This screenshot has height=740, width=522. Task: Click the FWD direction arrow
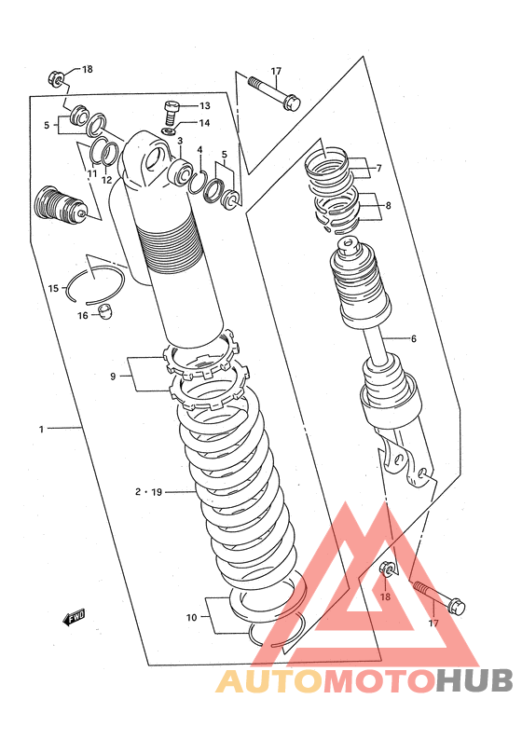(x=74, y=617)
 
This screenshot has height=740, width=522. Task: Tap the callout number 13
(x=204, y=105)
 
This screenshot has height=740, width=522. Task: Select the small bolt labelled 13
(x=172, y=114)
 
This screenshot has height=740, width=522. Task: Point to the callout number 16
(x=83, y=315)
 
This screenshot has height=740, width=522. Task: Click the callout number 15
(x=53, y=288)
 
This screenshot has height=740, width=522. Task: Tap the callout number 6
(x=414, y=338)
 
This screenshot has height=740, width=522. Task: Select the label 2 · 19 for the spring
(x=148, y=492)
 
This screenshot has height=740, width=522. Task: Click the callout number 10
(x=191, y=617)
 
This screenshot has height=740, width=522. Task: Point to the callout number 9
(x=113, y=377)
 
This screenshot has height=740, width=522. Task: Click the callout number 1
(x=42, y=429)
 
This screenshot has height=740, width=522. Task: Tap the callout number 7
(x=378, y=168)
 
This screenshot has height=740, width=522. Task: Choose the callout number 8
(x=388, y=205)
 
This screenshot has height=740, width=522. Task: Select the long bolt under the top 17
(x=274, y=93)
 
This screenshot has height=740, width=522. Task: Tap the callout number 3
(x=180, y=141)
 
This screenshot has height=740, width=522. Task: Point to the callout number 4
(x=199, y=150)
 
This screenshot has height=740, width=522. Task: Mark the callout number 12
(x=106, y=180)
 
